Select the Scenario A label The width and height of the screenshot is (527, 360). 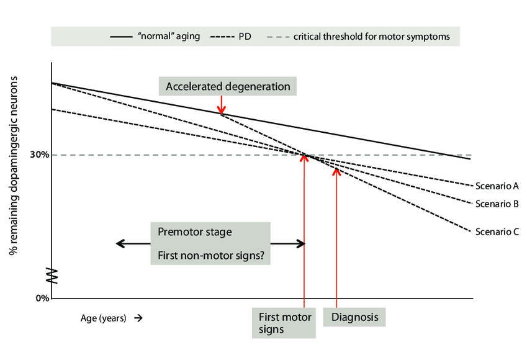pyautogui.click(x=496, y=185)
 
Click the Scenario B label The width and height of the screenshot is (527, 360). pyautogui.click(x=496, y=203)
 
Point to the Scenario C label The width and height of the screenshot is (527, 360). pyautogui.click(x=496, y=232)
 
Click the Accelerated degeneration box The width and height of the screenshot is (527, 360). pyautogui.click(x=228, y=86)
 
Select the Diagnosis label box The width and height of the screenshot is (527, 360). pyautogui.click(x=354, y=317)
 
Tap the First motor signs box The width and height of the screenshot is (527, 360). pyautogui.click(x=284, y=323)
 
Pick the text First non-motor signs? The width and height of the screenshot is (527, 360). pyautogui.click(x=210, y=254)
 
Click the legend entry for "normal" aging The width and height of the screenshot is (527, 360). pyautogui.click(x=155, y=36)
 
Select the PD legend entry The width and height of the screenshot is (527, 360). pyautogui.click(x=231, y=36)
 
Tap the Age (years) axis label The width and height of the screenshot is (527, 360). pyautogui.click(x=103, y=318)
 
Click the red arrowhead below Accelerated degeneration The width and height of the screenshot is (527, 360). pyautogui.click(x=222, y=110)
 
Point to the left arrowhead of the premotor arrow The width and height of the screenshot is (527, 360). pyautogui.click(x=120, y=243)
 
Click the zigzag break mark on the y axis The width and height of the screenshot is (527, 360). pyautogui.click(x=52, y=275)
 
